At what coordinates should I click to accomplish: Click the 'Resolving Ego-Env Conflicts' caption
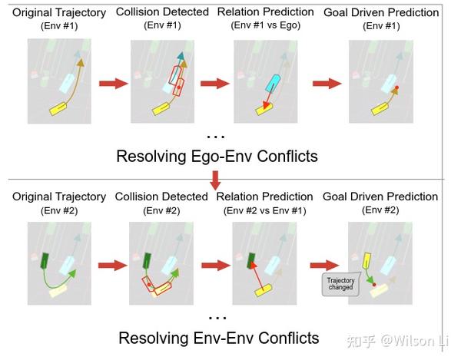(x=216, y=157)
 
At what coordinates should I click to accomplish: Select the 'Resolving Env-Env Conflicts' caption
(x=219, y=338)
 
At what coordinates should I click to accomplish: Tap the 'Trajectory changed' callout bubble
(x=340, y=283)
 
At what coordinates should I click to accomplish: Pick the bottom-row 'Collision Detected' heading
(x=161, y=197)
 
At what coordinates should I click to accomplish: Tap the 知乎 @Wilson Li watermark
(x=399, y=338)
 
